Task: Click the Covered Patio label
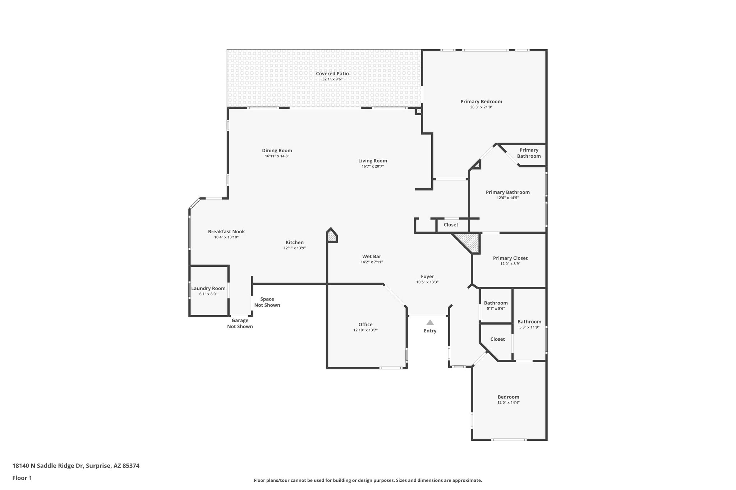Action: point(332,74)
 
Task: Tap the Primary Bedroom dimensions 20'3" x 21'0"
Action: point(481,107)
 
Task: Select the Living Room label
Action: point(372,161)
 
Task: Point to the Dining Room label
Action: point(277,150)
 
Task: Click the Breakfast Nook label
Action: point(226,232)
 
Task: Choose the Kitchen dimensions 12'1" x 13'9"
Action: point(294,248)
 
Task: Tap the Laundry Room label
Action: point(208,288)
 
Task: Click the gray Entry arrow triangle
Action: point(430,322)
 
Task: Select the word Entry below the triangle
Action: point(430,331)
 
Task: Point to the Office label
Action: point(365,325)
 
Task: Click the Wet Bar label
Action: point(372,256)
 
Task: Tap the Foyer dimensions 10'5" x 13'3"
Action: point(427,282)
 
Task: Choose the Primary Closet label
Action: point(510,258)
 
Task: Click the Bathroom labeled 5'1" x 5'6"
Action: point(496,303)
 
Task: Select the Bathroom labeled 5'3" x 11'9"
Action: point(529,322)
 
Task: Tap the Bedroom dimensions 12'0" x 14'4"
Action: point(508,402)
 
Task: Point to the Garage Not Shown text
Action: point(240,323)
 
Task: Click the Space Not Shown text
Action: point(267,302)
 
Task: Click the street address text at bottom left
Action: point(76,466)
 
